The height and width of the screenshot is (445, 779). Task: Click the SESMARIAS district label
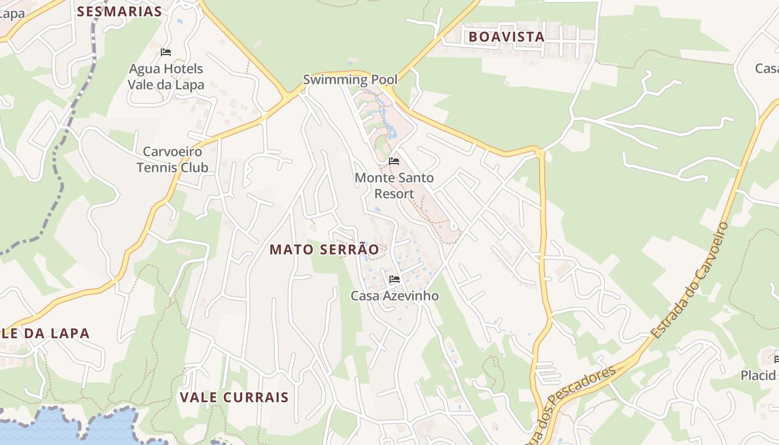pyautogui.click(x=119, y=11)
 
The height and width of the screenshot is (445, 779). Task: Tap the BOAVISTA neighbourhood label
pyautogui.click(x=506, y=37)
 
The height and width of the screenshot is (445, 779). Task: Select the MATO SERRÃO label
pyautogui.click(x=324, y=250)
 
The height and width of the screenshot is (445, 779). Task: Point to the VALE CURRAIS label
pyautogui.click(x=234, y=397)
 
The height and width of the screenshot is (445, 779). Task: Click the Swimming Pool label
pyautogui.click(x=350, y=80)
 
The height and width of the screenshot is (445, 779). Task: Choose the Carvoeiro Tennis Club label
pyautogui.click(x=172, y=159)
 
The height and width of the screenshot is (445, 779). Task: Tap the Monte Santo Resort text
pyautogui.click(x=394, y=186)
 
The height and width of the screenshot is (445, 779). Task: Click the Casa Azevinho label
pyautogui.click(x=395, y=296)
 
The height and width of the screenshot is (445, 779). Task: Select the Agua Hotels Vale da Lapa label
pyautogui.click(x=166, y=77)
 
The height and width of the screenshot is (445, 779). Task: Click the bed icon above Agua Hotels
pyautogui.click(x=165, y=52)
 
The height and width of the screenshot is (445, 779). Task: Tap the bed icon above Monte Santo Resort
pyautogui.click(x=394, y=161)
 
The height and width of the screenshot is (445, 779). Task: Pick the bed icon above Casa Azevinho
pyautogui.click(x=395, y=279)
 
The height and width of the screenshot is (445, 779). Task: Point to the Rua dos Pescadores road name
pyautogui.click(x=573, y=402)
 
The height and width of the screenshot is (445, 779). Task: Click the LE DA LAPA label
pyautogui.click(x=45, y=334)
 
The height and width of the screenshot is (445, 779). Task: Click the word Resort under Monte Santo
pyautogui.click(x=394, y=194)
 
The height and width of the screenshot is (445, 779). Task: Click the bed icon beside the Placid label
pyautogui.click(x=776, y=359)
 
